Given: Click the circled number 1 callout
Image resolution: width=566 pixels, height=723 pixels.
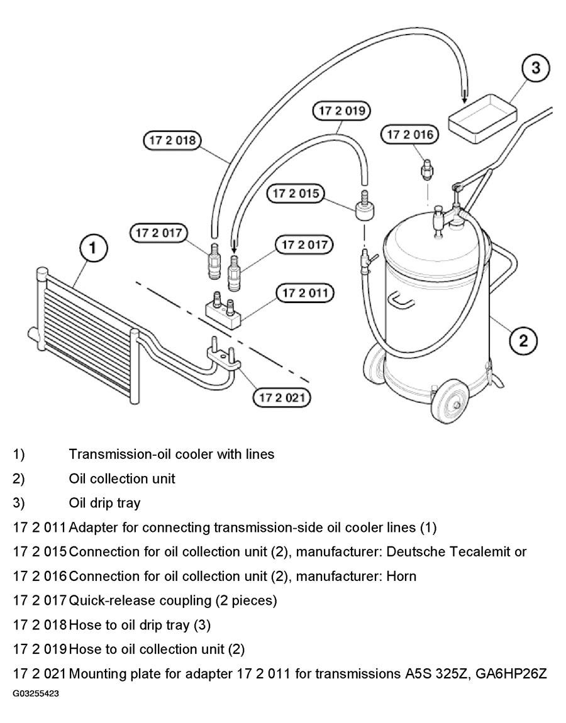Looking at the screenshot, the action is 93,248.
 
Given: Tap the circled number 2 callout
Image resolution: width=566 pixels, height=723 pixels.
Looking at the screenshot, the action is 523,341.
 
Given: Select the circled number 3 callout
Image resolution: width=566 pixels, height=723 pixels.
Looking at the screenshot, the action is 535,68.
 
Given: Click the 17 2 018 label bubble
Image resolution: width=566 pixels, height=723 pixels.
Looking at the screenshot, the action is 172,140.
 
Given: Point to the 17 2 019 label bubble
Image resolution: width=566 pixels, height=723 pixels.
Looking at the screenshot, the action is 342,111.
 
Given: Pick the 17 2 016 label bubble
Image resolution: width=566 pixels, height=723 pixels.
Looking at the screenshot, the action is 409,135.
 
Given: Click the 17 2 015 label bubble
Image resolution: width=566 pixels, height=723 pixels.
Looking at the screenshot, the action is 296,193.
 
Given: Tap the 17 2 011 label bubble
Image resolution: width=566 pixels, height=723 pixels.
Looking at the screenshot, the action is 305,293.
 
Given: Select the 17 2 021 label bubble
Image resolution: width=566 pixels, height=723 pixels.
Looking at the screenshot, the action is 282,397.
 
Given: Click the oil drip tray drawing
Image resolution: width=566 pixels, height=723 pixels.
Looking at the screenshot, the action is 482,118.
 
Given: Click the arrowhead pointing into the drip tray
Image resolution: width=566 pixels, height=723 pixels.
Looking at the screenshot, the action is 464,96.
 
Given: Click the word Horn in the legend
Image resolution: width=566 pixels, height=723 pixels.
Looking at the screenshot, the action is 402,577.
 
